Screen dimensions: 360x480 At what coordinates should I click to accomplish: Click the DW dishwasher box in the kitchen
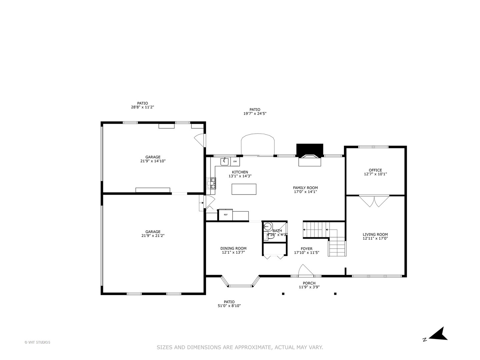tap(235, 162)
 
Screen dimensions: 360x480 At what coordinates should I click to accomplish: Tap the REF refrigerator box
tap(226, 215)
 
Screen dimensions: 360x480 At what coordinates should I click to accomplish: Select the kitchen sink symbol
tap(224, 162)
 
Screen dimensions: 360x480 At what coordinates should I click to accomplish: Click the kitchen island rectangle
tap(244, 189)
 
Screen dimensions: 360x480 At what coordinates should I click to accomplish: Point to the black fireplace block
tap(310, 149)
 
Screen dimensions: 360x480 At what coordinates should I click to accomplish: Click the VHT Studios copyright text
tap(37, 342)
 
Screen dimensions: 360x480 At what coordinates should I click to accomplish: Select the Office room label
tap(375, 170)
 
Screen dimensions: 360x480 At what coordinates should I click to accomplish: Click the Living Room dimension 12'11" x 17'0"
tap(375, 238)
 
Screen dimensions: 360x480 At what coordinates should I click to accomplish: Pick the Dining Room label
tap(233, 248)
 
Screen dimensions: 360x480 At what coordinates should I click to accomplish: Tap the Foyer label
tap(307, 249)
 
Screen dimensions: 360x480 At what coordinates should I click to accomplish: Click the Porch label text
tap(309, 283)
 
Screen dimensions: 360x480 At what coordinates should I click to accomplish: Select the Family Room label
tap(305, 188)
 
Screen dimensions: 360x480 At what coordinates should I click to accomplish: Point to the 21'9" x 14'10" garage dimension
tap(153, 161)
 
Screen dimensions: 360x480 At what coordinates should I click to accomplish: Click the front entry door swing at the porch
tap(305, 271)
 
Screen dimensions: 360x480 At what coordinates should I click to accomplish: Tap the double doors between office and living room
tap(374, 201)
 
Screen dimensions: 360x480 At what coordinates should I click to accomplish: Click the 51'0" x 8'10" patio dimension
tap(229, 306)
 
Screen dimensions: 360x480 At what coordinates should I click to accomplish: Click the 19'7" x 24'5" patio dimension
tap(255, 114)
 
